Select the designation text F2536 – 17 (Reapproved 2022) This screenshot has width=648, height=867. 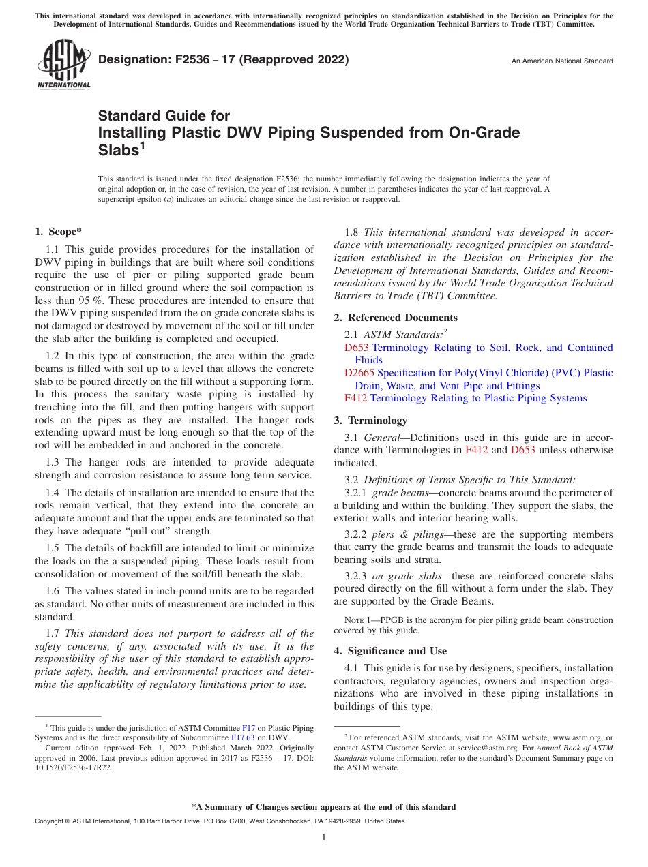pyautogui.click(x=223, y=60)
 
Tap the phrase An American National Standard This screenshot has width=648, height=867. pyautogui.click(x=562, y=61)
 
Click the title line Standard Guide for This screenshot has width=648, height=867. pyautogui.click(x=164, y=116)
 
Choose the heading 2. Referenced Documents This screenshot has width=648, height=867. pyautogui.click(x=396, y=318)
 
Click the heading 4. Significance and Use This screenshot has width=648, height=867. pyautogui.click(x=390, y=651)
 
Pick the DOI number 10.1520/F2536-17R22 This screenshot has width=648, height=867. pyautogui.click(x=74, y=767)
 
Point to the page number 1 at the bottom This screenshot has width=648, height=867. pyautogui.click(x=324, y=838)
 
